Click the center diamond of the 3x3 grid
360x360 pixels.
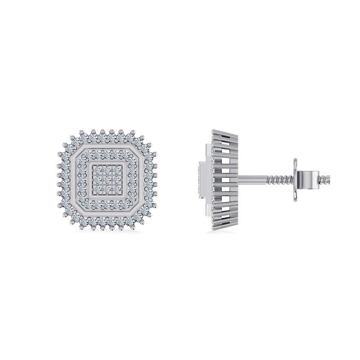[107, 180]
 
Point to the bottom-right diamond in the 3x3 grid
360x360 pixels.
[116, 188]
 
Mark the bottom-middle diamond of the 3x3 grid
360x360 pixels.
[107, 188]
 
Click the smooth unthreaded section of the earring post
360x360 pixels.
[254, 180]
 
